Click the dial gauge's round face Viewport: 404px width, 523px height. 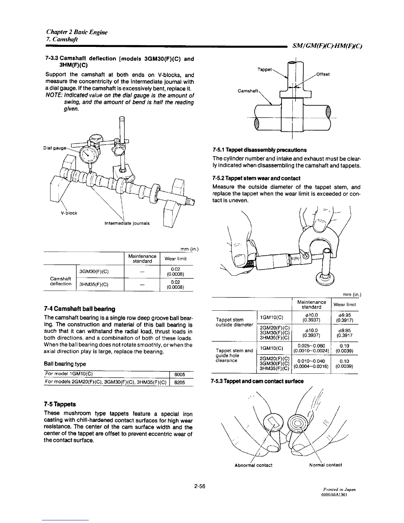coord(88,153)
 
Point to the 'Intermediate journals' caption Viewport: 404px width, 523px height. coord(127,223)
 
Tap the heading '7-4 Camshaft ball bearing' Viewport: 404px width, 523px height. coord(80,309)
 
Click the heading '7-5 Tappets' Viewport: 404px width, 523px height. coord(60,404)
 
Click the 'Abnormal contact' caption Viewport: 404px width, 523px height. coord(253,465)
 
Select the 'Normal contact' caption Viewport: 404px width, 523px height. coord(325,465)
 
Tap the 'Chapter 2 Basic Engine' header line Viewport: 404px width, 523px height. coord(77,32)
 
